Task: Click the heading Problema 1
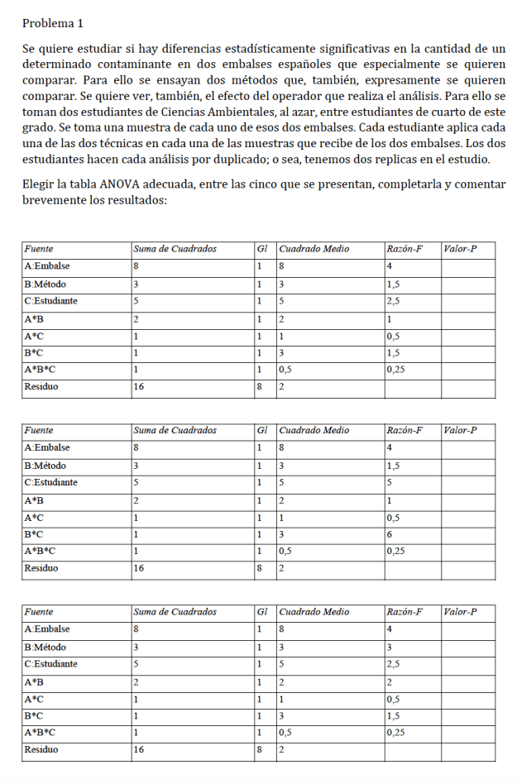coord(53,23)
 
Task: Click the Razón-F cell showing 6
coord(390,535)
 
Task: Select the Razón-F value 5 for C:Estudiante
coord(390,481)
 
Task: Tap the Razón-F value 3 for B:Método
coord(390,647)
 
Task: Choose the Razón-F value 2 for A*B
coord(390,681)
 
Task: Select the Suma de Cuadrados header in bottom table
coord(175,611)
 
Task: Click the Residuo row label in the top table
coord(41,386)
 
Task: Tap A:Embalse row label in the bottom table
coord(47,629)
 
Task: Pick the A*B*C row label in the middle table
coord(40,551)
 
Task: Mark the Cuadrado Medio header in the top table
coord(314,247)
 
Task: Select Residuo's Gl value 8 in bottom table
coord(260,750)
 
